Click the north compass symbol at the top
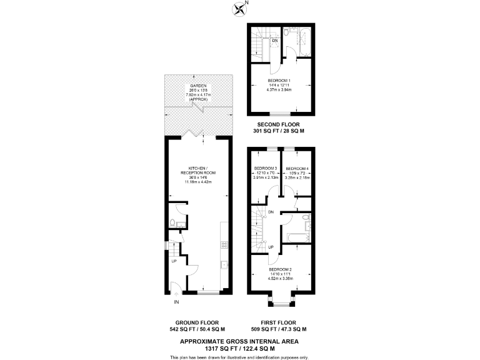point(240,8)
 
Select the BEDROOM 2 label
point(281,268)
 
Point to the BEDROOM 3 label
point(265,168)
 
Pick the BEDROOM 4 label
point(296,168)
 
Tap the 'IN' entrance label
point(177,302)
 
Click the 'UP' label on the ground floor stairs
point(174,261)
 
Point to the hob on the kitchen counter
point(223,245)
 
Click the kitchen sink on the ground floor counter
point(223,265)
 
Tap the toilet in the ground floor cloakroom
point(172,223)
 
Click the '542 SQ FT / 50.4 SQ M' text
point(196,329)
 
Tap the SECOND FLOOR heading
point(281,124)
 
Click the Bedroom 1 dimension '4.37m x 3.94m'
point(281,90)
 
